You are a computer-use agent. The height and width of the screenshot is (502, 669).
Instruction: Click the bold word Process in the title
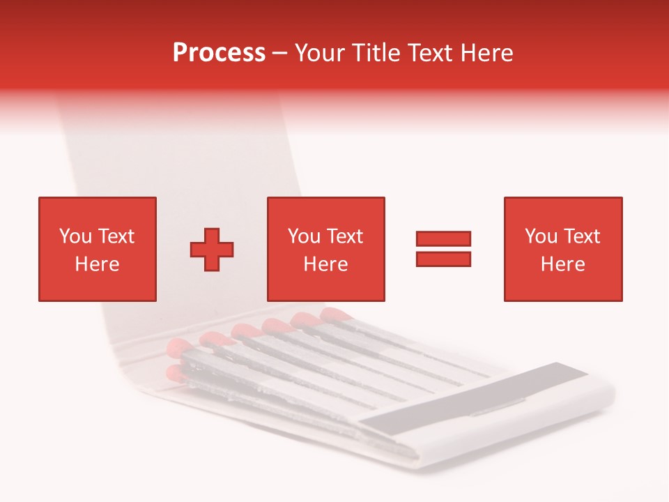click(x=219, y=53)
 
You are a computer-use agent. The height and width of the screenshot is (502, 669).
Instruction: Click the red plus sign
click(x=212, y=249)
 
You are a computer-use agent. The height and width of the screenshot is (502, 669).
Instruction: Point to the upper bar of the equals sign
click(x=443, y=239)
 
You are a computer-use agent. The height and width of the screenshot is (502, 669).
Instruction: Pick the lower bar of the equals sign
click(x=443, y=259)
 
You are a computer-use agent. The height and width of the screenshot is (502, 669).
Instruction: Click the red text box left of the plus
click(x=97, y=249)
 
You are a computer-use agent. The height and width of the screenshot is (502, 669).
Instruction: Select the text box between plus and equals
click(x=325, y=249)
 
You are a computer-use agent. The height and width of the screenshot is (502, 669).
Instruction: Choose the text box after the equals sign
click(x=562, y=249)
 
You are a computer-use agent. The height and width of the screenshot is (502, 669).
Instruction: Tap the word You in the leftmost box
click(x=75, y=236)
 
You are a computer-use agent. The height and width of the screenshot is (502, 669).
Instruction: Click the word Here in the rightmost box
click(x=562, y=264)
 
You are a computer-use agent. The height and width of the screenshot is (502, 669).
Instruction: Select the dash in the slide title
click(x=279, y=54)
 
